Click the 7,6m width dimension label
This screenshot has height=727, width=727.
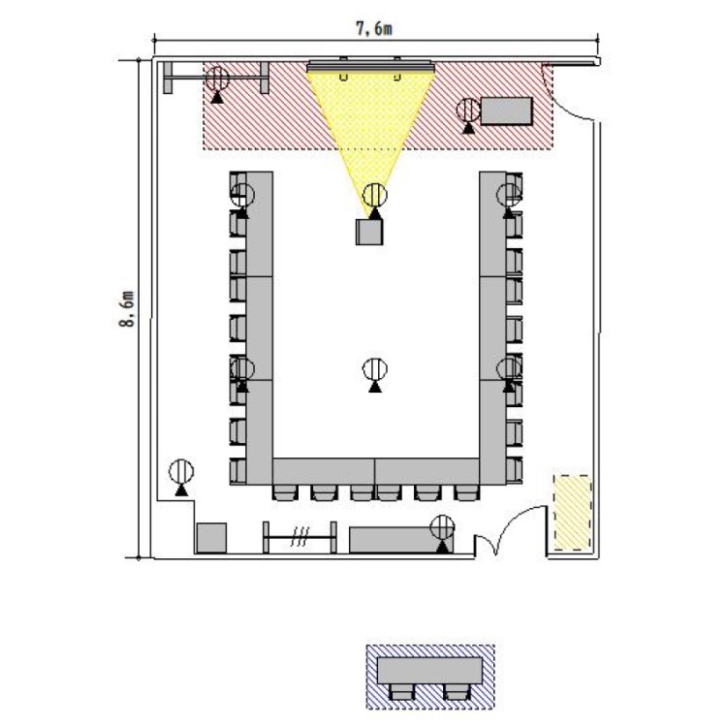coord(374,28)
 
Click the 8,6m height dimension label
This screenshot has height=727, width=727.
coord(127,309)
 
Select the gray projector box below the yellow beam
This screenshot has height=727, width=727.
coord(369,232)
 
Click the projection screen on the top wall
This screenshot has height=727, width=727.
coord(371,66)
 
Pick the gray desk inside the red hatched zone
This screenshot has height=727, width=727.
coord(506,111)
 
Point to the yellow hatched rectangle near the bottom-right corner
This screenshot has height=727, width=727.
coord(573,513)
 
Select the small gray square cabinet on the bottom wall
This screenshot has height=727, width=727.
coord(211,538)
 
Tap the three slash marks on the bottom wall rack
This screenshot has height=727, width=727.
coord(300,537)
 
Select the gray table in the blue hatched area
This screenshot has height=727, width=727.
coord(429,671)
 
